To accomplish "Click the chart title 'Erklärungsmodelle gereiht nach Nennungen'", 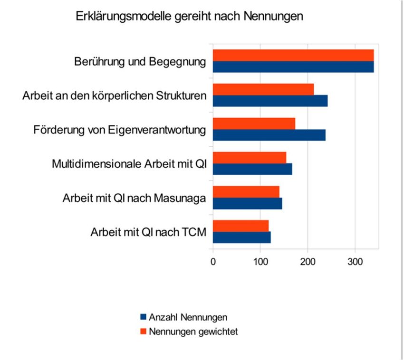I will coord(189,17).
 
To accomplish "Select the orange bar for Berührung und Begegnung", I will coord(293,55).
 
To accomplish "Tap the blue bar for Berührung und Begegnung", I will coord(293,66).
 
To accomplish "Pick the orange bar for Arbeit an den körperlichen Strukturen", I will coord(263,89).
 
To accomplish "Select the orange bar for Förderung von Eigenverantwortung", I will coord(254,123).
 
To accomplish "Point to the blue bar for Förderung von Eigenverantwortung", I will coord(269,135).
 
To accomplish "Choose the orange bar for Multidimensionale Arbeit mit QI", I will coord(249,158).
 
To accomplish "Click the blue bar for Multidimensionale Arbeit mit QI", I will coord(252,169).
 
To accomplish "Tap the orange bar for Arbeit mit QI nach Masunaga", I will coord(246,192).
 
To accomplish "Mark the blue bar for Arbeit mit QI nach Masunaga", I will coord(247,203).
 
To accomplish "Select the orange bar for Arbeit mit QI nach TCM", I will coord(240,226).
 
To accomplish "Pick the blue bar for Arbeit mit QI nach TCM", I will coord(241,237).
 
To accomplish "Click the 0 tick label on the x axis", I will coord(213,261).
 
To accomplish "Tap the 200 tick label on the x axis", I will coord(308,261).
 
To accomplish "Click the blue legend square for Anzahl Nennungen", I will coord(143,317).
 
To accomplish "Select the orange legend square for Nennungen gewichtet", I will coord(143,331).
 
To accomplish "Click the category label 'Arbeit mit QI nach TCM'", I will coord(147,233).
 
